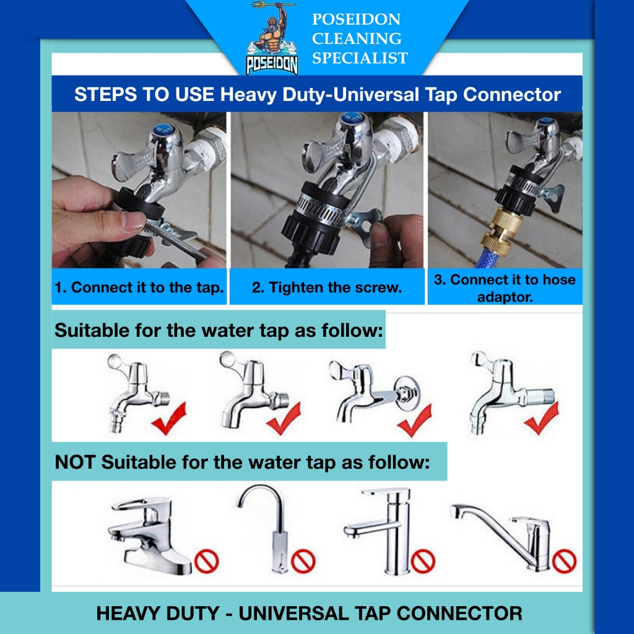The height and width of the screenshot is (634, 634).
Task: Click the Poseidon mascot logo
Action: pos(272,39)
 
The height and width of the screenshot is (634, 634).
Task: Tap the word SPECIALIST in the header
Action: pos(360,58)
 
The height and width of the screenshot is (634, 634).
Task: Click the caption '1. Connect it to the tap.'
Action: pos(139,287)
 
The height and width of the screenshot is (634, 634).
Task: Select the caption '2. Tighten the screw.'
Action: pos(327,287)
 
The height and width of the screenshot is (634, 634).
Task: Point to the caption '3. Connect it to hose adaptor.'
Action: pos(505,288)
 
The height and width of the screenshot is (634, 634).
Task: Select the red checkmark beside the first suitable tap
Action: pos(169,419)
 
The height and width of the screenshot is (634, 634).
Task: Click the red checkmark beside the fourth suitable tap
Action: pos(542,418)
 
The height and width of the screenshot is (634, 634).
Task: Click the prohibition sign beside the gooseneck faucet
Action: pos(303,560)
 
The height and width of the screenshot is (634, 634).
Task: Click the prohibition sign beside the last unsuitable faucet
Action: pos(564,561)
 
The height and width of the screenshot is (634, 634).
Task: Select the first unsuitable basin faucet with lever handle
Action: pos(149,536)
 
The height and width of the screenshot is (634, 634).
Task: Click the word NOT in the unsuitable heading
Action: pos(75,462)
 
